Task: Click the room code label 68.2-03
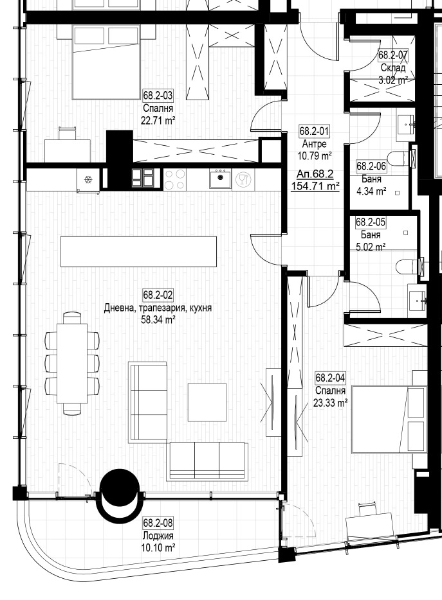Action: coord(158,96)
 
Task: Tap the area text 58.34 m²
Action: coord(158,319)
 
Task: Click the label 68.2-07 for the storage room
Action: coord(393,56)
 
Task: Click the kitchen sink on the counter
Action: coord(221,179)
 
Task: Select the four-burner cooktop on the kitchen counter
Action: coord(174,179)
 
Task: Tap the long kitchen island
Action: coord(138,251)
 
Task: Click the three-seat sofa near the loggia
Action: coord(207,461)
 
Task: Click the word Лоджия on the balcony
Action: coord(158,536)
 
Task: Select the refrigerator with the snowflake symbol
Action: coord(88,179)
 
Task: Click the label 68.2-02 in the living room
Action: coord(158,296)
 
